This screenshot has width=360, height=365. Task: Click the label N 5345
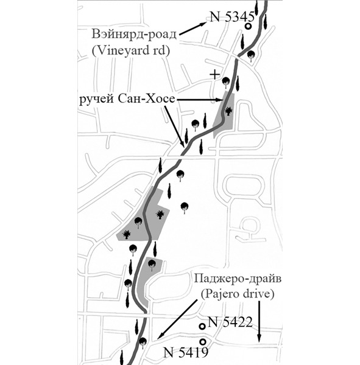(x=231, y=17)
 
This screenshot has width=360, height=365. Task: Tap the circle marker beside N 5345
(x=249, y=26)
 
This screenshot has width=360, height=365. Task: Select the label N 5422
(x=230, y=322)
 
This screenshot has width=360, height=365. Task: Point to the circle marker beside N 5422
(x=202, y=326)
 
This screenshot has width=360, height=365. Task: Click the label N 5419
(x=186, y=352)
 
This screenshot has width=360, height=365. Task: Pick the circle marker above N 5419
(x=203, y=341)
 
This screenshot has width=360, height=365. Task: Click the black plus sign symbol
(x=214, y=75)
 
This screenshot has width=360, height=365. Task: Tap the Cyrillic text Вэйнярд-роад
(x=134, y=34)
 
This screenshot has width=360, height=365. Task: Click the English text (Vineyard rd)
(x=131, y=50)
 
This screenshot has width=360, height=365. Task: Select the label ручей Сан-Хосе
(x=127, y=99)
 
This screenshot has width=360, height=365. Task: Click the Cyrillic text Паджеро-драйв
(x=238, y=279)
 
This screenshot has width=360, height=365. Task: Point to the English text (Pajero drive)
(x=238, y=294)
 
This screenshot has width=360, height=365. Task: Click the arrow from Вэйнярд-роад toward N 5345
(x=193, y=29)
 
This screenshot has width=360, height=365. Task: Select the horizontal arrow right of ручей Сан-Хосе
(x=199, y=100)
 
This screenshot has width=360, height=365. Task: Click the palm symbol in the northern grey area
(x=228, y=111)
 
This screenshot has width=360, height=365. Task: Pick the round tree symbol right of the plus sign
(x=225, y=82)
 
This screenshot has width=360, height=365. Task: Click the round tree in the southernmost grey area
(x=152, y=265)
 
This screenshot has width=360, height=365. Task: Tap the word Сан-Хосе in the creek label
(x=146, y=99)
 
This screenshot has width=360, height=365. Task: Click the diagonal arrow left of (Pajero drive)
(x=177, y=319)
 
